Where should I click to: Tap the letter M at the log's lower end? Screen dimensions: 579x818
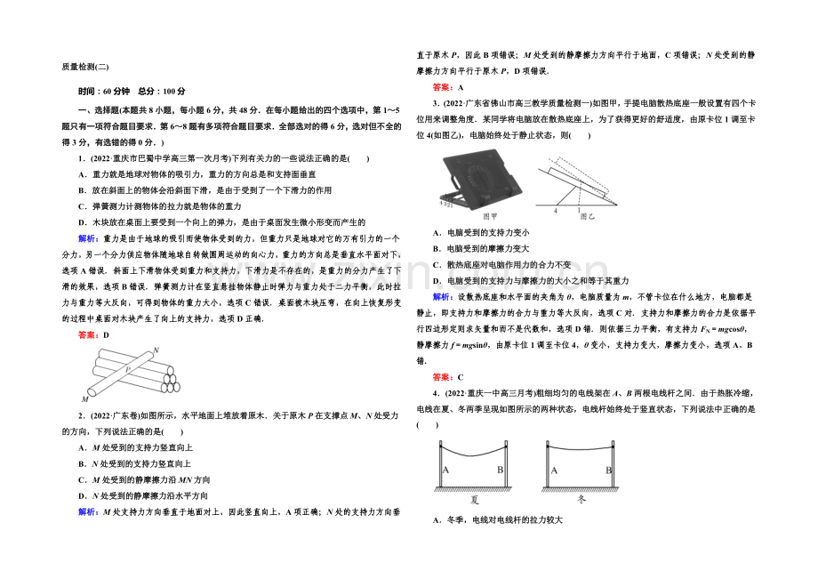click(85, 398)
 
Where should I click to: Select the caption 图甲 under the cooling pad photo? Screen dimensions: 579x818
click(489, 215)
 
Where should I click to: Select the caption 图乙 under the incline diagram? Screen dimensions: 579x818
click(588, 215)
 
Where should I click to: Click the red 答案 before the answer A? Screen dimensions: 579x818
click(441, 87)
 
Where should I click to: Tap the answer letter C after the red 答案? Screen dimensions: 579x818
click(461, 377)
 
